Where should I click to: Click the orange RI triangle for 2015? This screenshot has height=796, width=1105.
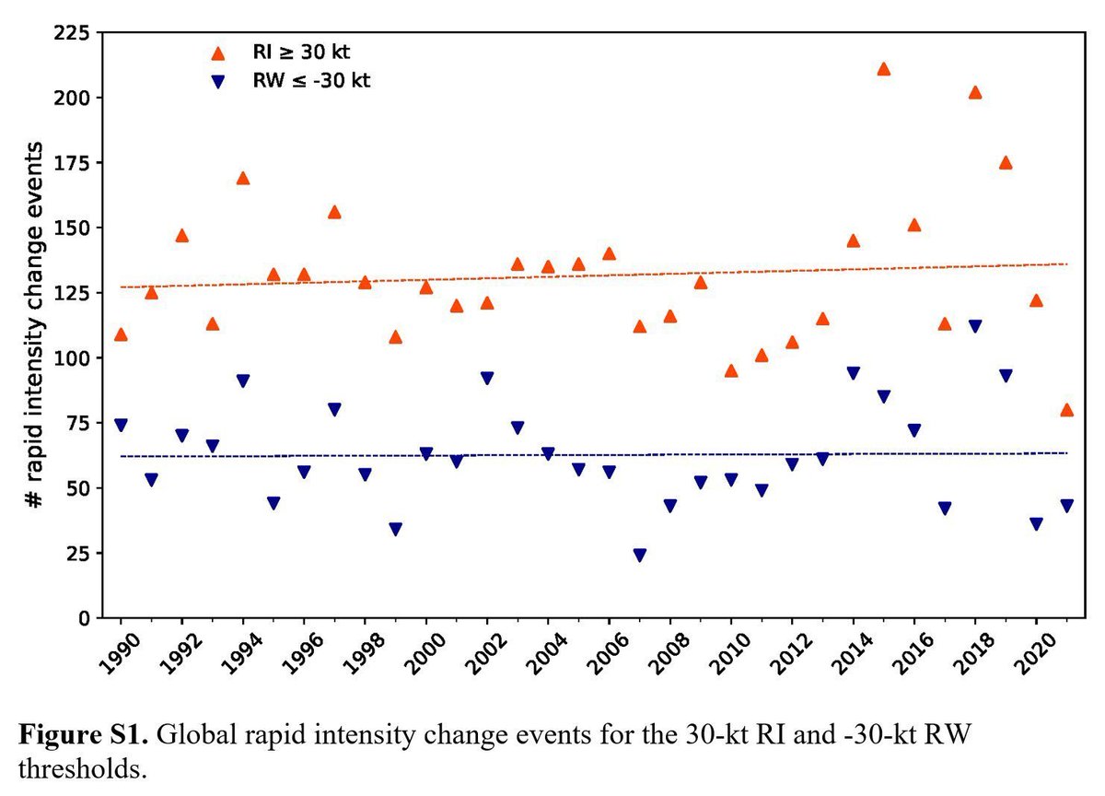[x=884, y=69]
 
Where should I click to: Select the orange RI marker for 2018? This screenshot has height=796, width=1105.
[x=975, y=92]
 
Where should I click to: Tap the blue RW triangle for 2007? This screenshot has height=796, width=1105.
[x=639, y=556]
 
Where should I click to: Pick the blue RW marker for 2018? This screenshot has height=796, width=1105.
[x=975, y=326]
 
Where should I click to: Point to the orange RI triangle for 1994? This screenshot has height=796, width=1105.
[x=243, y=178]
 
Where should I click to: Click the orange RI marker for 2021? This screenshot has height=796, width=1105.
[x=1066, y=410]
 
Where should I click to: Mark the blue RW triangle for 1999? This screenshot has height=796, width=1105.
[x=395, y=530]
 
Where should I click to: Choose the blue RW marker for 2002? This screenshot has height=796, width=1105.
[x=487, y=379]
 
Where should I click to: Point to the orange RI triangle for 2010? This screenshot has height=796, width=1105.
[x=731, y=370]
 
